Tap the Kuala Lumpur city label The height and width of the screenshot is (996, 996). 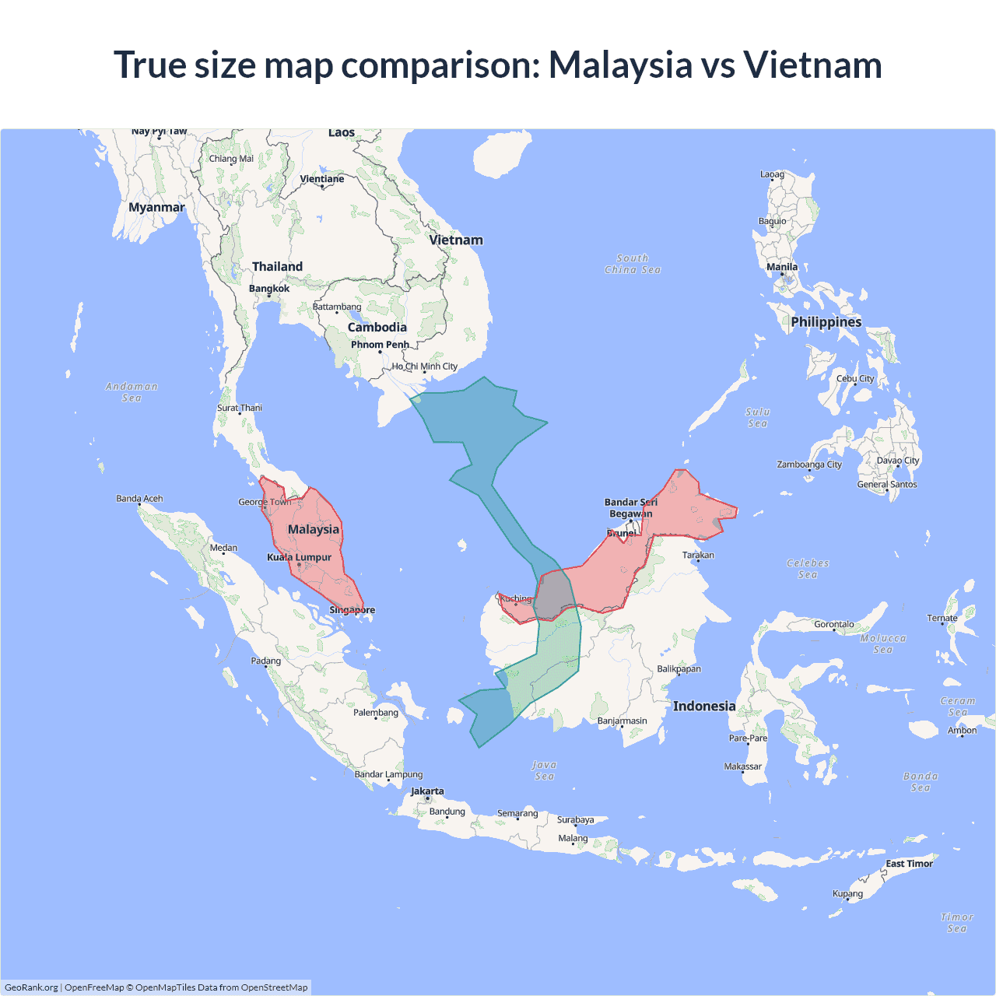point(300,557)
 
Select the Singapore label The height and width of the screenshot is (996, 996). point(352,610)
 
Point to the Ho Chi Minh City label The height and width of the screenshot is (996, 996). point(425,366)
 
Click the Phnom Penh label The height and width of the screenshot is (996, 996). point(380,345)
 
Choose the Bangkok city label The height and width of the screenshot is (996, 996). point(269,289)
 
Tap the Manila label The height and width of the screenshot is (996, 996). point(782,267)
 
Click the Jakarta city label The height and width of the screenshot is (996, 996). point(427,791)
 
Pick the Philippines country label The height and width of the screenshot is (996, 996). point(826,322)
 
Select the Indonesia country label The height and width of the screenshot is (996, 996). point(704,706)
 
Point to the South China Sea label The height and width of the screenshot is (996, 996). point(633,264)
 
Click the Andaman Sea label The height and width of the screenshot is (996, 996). point(132,392)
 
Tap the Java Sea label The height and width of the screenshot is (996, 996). point(544,770)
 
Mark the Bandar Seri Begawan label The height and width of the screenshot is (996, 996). point(631,508)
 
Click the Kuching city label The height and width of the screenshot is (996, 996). point(516,598)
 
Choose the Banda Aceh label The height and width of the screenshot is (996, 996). point(139,499)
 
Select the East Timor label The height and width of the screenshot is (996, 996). point(909,864)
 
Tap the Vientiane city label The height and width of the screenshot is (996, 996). point(322,179)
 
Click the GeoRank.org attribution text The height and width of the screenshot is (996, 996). point(31,987)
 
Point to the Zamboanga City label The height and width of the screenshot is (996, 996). point(809,465)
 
